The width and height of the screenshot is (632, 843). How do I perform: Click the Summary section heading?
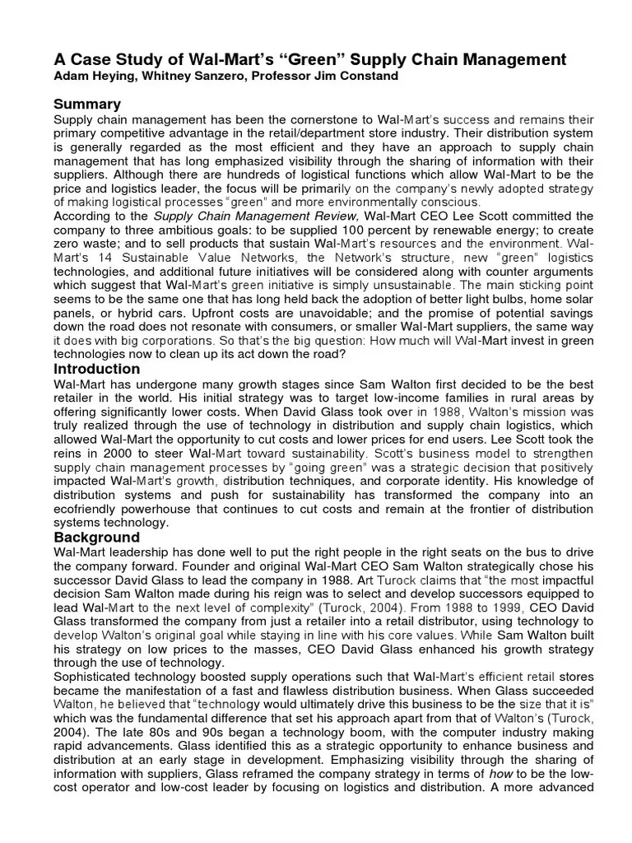[86, 104]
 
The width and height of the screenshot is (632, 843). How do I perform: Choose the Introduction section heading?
[96, 369]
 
